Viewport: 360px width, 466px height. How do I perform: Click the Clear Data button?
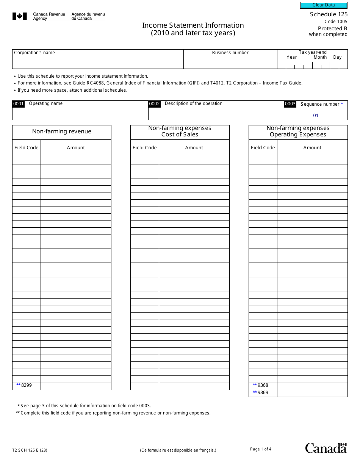click(324, 5)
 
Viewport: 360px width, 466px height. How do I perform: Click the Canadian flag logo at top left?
click(20, 16)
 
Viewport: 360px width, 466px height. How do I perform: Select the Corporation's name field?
click(98, 61)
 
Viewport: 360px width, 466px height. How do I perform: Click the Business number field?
click(230, 61)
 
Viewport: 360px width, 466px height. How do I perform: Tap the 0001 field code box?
click(19, 104)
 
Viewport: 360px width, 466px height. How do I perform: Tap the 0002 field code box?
click(154, 104)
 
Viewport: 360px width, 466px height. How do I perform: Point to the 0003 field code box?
click(290, 104)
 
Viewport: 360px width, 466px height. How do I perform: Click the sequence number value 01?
click(316, 116)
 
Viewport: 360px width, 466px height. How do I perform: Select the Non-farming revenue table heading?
click(62, 132)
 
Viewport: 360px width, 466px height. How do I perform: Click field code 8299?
click(27, 385)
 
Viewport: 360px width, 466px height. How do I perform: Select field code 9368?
click(263, 385)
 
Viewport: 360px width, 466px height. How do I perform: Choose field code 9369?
click(263, 393)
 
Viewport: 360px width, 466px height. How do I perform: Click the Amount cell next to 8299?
click(76, 386)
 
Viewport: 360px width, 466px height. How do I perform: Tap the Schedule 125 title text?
click(328, 14)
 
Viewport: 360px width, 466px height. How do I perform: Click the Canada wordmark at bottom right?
click(326, 448)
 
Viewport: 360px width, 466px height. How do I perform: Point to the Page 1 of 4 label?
click(261, 449)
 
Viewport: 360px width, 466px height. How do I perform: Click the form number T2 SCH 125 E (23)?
click(30, 450)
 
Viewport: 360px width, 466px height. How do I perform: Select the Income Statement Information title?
click(193, 25)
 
